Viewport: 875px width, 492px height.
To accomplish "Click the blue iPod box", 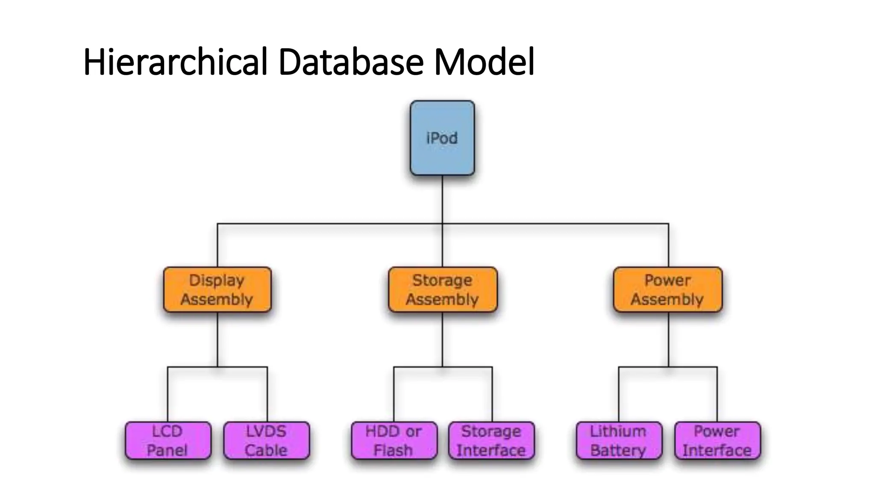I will tap(442, 138).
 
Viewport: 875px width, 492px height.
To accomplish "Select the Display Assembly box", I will tap(217, 290).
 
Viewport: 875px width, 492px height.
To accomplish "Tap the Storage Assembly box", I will tap(443, 290).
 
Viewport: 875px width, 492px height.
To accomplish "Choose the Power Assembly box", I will tap(667, 290).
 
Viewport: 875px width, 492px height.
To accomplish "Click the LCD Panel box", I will tap(168, 441).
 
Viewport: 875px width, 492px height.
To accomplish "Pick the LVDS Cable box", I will tap(266, 441).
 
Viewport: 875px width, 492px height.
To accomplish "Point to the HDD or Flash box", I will tap(394, 441).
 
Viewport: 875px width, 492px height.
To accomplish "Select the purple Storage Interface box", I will tap(491, 441).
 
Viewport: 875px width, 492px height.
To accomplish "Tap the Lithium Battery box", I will tap(619, 441).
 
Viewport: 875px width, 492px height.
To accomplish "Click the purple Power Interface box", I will tap(717, 441).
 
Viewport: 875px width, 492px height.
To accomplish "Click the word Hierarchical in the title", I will tap(175, 62).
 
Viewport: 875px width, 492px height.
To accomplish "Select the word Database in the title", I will tap(350, 62).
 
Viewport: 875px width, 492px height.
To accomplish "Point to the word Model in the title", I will tap(484, 62).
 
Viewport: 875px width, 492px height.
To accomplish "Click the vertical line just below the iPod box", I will tap(442, 199).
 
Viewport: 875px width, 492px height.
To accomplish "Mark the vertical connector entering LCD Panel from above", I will tap(167, 395).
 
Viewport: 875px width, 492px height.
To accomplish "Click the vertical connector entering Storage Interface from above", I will tap(492, 395).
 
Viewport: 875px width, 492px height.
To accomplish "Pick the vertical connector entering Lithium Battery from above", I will tap(619, 395).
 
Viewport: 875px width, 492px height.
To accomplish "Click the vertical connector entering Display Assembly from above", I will tap(217, 246).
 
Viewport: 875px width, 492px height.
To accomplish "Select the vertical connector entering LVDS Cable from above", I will tap(267, 395).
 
